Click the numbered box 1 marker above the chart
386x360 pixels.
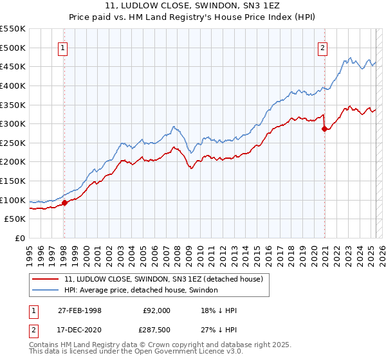pos(63,47)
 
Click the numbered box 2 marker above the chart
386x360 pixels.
pos(322,47)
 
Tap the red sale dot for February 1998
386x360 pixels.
pos(64,203)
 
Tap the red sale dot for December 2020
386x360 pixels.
pos(324,129)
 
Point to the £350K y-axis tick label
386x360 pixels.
pos(14,105)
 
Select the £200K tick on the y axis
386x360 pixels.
pos(14,162)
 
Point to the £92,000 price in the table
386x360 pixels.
pos(154,310)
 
